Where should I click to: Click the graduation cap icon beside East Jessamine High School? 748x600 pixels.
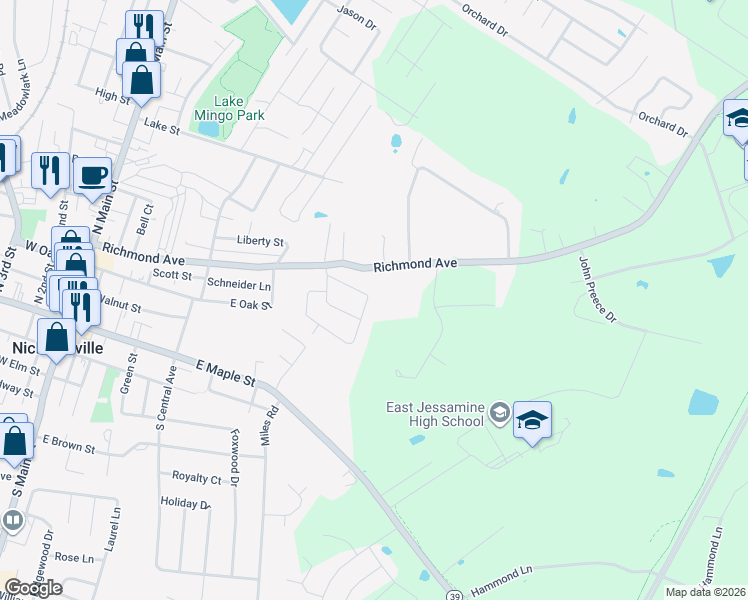tap(533, 420)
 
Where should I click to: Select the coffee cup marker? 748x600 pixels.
tap(92, 175)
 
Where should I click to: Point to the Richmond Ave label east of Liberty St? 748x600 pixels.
tap(415, 265)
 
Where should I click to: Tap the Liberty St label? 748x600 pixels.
tap(261, 242)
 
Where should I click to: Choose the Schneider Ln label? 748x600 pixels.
tap(239, 285)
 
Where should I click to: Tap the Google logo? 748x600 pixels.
tap(33, 587)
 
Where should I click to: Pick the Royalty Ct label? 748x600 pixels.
tap(196, 479)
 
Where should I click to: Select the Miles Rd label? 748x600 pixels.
tap(267, 433)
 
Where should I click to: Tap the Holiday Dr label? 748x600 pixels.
tap(185, 504)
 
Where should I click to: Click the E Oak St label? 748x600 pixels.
tap(250, 304)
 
